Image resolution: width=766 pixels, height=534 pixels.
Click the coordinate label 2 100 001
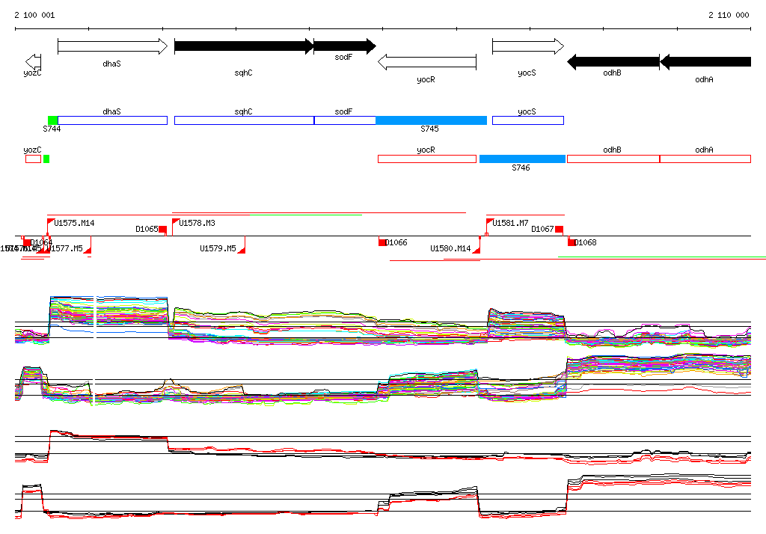(x=34, y=15)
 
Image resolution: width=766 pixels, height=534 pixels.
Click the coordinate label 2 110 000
(x=729, y=15)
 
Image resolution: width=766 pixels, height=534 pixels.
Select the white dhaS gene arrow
(x=112, y=46)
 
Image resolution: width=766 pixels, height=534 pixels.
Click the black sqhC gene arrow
(x=244, y=46)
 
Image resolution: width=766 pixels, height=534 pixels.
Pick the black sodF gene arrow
(x=344, y=46)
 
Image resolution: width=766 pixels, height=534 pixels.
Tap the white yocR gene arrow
(x=426, y=61)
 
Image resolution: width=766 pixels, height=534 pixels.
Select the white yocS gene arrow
(x=527, y=46)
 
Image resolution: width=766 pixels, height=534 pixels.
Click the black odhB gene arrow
(x=613, y=61)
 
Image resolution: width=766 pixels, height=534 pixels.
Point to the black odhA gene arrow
(x=705, y=61)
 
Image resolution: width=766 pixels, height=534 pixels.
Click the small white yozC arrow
(x=32, y=61)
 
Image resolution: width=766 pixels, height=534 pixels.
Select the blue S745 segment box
(x=431, y=120)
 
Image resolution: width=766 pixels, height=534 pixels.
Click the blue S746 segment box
(x=522, y=159)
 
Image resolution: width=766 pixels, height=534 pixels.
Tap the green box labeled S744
(x=52, y=120)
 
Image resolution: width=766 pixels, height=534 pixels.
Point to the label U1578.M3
(x=198, y=223)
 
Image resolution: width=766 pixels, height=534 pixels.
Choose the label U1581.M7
(x=510, y=223)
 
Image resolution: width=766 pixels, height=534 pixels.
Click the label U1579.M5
(x=218, y=248)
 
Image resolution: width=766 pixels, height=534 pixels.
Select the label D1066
(x=397, y=242)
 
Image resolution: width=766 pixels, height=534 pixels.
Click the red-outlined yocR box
(x=426, y=159)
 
